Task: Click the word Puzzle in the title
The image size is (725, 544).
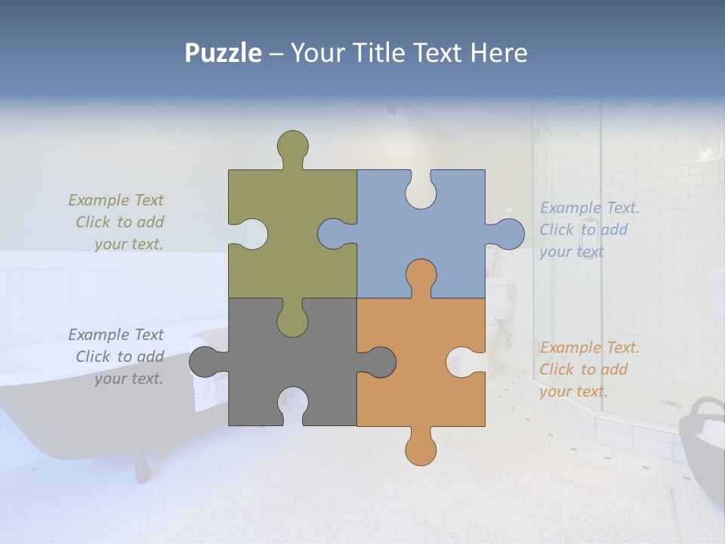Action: (224, 53)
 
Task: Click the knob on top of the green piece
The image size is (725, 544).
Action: (293, 145)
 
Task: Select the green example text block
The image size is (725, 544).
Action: (117, 222)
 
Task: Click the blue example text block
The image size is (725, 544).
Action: (588, 230)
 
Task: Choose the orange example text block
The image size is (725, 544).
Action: (588, 369)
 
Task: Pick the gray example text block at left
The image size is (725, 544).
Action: (117, 357)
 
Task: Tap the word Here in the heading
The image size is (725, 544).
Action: (498, 53)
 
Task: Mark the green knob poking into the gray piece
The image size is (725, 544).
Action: (292, 320)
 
